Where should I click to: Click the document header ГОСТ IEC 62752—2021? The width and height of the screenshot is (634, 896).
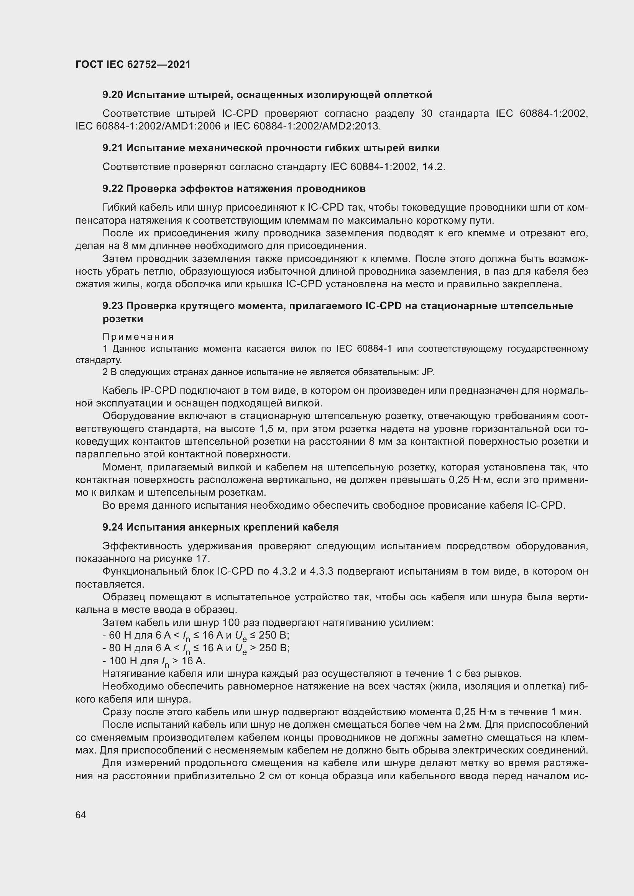133,64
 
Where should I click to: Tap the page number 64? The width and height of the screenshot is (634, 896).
80,815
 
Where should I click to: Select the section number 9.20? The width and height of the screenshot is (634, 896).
113,95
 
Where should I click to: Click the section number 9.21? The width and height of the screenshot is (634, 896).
113,148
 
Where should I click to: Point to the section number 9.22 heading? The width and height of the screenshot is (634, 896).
113,188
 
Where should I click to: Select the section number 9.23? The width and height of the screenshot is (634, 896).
113,306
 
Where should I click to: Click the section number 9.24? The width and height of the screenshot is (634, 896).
113,527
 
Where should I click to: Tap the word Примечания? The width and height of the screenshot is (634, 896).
138,336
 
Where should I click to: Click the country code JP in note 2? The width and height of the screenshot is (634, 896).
427,372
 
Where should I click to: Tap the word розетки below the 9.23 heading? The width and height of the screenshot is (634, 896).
123,319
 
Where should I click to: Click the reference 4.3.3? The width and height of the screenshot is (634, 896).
321,571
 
